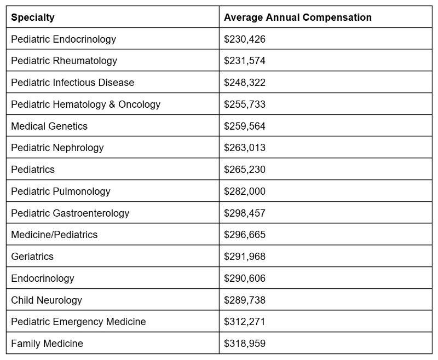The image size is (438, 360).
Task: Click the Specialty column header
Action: [33, 18]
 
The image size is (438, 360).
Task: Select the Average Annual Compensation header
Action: [297, 18]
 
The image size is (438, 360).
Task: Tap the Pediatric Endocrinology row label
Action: [64, 39]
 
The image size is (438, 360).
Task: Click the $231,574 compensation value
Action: [244, 61]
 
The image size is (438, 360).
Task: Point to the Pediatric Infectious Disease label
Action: [72, 83]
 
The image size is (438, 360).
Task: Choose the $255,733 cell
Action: [244, 104]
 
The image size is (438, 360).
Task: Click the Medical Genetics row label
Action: [49, 126]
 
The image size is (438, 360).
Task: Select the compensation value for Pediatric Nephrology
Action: [244, 148]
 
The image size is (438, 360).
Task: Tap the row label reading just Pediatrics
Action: [33, 170]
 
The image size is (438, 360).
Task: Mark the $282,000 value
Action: [244, 191]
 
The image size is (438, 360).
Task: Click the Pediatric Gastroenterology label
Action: [70, 213]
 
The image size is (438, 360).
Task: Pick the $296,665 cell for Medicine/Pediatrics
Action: [244, 235]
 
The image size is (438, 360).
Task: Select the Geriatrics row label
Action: [32, 257]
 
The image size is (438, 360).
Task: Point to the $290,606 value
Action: [244, 278]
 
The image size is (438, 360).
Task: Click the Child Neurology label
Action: [47, 300]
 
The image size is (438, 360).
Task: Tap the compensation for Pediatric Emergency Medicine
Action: [244, 322]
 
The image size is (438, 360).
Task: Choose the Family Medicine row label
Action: [47, 344]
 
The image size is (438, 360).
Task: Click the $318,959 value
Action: [244, 344]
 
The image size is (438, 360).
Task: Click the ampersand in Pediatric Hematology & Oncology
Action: [112, 104]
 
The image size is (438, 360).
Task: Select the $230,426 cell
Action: [244, 39]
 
